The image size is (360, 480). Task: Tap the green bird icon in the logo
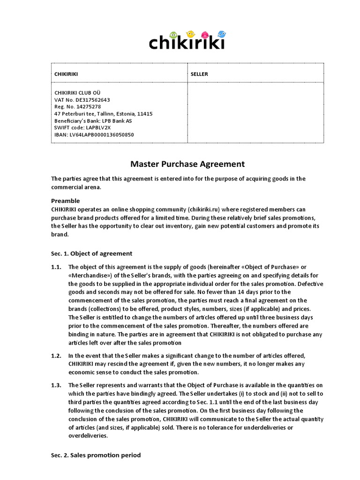173,35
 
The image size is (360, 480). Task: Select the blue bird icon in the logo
221,35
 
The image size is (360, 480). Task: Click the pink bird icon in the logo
205,35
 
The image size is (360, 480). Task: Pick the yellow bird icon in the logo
190,34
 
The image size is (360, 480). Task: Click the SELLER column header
199,74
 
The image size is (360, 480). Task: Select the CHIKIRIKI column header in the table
66,74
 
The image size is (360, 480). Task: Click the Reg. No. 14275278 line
78,107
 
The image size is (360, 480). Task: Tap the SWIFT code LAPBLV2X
82,127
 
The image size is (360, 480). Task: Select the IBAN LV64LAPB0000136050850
94,135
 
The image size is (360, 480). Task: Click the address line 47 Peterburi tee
103,114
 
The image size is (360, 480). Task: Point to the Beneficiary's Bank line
93,121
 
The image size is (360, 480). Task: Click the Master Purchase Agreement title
187,164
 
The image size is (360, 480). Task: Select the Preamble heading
66,201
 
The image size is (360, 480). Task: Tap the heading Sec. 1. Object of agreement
92,254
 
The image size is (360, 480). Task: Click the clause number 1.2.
56,356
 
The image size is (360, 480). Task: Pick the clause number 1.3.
56,385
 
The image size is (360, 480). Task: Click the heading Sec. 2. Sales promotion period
96,455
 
